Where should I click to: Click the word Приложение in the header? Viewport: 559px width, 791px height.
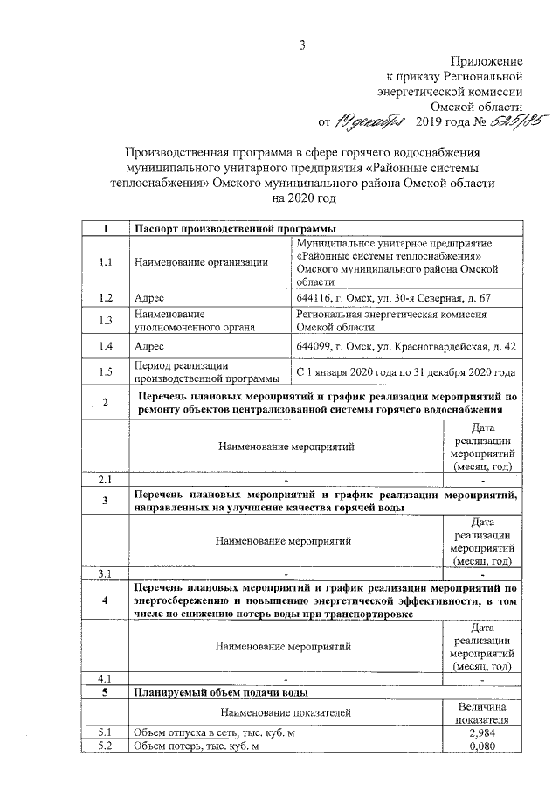coord(487,61)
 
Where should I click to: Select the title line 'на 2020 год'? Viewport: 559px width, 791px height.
coord(301,199)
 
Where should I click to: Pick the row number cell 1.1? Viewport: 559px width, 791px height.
coord(106,262)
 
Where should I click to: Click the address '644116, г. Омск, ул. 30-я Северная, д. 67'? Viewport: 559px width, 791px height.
coord(394,298)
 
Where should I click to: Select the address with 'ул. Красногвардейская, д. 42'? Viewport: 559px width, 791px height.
coord(406,346)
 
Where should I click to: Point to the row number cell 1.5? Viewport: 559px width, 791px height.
coord(106,372)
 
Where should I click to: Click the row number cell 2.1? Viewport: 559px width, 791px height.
coord(106,480)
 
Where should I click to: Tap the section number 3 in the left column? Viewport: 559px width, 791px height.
coord(106,501)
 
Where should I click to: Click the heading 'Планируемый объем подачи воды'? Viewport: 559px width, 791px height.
coord(219,693)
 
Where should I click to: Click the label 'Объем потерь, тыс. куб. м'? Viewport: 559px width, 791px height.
coord(197,746)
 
